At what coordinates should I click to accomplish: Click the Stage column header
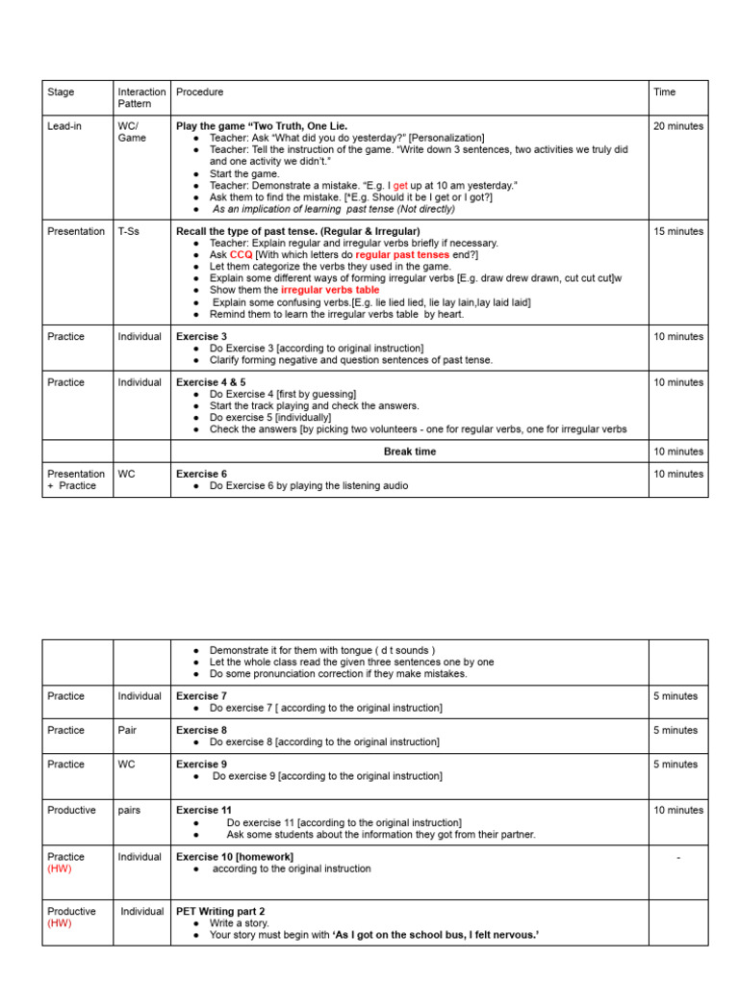[x=61, y=92]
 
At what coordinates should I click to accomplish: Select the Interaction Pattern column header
[x=141, y=98]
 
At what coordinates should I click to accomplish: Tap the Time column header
[x=664, y=92]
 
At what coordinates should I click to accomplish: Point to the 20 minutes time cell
[x=677, y=126]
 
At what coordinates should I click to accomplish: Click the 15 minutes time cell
[x=677, y=232]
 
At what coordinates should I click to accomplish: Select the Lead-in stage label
[x=65, y=126]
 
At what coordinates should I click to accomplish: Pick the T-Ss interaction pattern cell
[x=132, y=232]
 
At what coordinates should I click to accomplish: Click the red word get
[x=400, y=185]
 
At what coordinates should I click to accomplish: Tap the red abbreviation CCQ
[x=241, y=255]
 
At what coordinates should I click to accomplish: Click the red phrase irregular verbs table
[x=330, y=290]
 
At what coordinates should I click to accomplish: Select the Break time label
[x=410, y=452]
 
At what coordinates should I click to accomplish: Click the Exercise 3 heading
[x=201, y=337]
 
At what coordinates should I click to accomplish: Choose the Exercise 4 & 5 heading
[x=211, y=382]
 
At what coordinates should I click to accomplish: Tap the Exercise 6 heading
[x=201, y=474]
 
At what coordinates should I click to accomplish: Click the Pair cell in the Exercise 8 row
[x=128, y=730]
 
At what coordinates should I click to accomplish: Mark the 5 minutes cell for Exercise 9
[x=675, y=765]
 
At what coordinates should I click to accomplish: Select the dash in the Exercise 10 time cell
[x=678, y=857]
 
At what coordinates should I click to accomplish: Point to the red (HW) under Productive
[x=61, y=923]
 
